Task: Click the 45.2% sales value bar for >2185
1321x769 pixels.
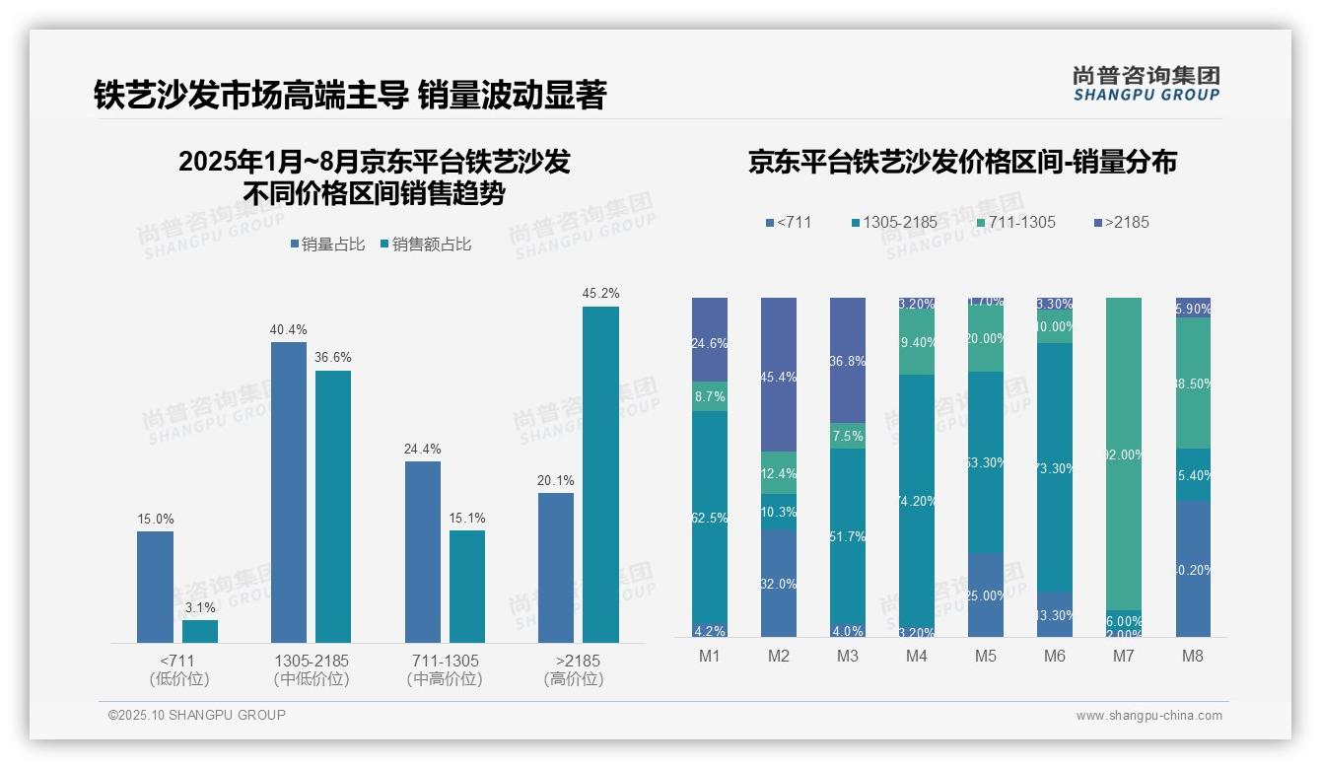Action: pos(600,474)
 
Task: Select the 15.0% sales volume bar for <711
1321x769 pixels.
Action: pos(155,587)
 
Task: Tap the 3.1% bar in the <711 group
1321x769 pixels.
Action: pos(200,631)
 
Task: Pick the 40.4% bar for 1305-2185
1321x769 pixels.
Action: pos(289,492)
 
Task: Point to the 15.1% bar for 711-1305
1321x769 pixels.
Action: pos(467,587)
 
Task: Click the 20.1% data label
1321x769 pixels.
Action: pos(556,480)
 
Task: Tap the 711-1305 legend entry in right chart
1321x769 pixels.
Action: pos(1015,222)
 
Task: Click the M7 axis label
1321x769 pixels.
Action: pos(1124,657)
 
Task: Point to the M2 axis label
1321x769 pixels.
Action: pos(779,657)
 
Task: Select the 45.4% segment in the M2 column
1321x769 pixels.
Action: pos(779,375)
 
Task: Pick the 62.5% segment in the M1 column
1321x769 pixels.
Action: pos(710,518)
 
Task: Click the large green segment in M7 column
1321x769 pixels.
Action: pos(1124,454)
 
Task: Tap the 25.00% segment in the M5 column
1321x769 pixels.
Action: pos(986,594)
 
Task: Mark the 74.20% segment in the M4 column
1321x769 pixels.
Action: pos(917,501)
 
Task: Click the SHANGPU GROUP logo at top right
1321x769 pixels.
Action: pos(1146,84)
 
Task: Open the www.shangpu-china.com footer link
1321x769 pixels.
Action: pos(1148,716)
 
